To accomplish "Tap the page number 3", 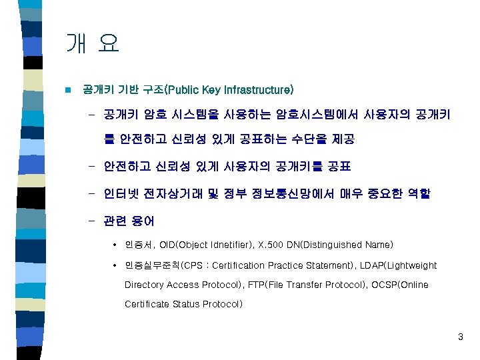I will tap(460, 337).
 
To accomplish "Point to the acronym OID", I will tap(169, 245).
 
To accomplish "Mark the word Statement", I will tap(329, 265).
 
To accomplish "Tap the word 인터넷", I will tap(119, 194).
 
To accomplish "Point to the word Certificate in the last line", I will tap(147, 304).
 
